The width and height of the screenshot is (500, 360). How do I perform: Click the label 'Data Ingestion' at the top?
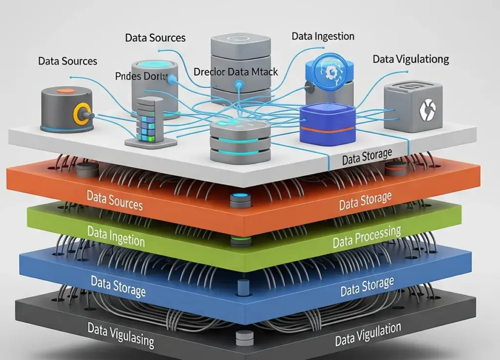click(x=323, y=36)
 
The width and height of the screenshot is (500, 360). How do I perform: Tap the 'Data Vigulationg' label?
click(x=411, y=59)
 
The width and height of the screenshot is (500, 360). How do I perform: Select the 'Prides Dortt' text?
click(x=141, y=76)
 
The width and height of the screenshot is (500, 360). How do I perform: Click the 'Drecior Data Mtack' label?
click(x=235, y=72)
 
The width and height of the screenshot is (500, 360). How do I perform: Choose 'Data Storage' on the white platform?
click(x=367, y=158)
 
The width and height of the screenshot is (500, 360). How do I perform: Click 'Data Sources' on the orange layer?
click(x=115, y=200)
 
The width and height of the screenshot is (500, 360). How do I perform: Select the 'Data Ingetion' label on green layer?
click(x=116, y=236)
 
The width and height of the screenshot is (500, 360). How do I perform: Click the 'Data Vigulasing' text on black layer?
click(x=121, y=334)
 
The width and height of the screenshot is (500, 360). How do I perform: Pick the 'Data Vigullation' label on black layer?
click(x=368, y=334)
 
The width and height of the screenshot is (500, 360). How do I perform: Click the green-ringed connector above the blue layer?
click(x=239, y=241)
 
